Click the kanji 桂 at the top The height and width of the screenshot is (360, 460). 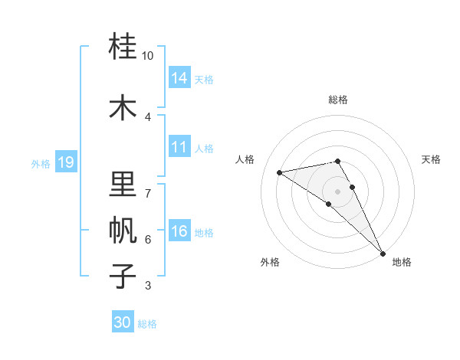tap(123, 47)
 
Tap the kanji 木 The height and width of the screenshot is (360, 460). tap(123, 106)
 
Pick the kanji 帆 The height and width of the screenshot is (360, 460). tap(123, 230)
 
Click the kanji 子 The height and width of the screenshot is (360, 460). tap(123, 277)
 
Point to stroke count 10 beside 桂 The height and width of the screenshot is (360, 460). tap(148, 56)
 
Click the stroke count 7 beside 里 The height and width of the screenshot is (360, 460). tap(148, 192)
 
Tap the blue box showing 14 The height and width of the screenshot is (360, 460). tap(179, 78)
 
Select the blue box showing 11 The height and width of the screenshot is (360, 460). tap(179, 147)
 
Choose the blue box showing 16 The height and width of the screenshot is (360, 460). tap(179, 231)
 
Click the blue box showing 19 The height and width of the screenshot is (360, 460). tap(66, 162)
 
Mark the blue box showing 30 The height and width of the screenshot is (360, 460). tap(123, 322)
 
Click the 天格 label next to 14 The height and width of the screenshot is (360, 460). tap(204, 80)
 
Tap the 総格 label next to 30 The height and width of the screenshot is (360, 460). tap(147, 324)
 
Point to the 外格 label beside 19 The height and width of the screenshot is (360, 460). tap(41, 164)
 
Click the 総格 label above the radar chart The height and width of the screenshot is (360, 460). tap(338, 100)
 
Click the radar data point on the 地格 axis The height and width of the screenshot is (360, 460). tap(383, 252)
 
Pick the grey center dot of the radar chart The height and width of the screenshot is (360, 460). tap(338, 191)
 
